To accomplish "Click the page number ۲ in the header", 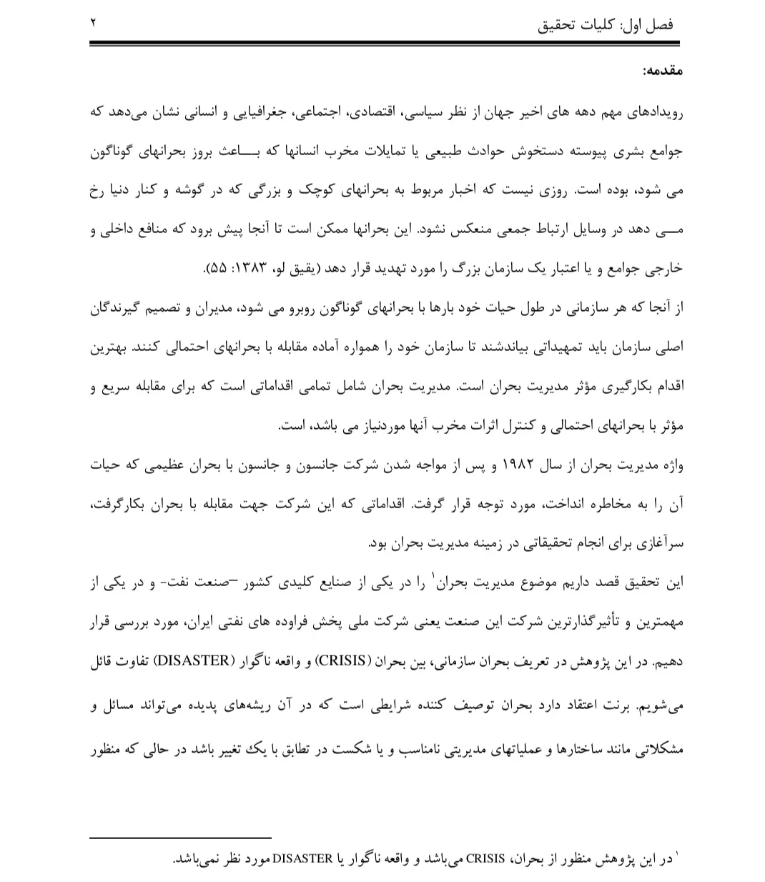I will click(93, 23).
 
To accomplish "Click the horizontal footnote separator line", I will click(180, 837).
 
